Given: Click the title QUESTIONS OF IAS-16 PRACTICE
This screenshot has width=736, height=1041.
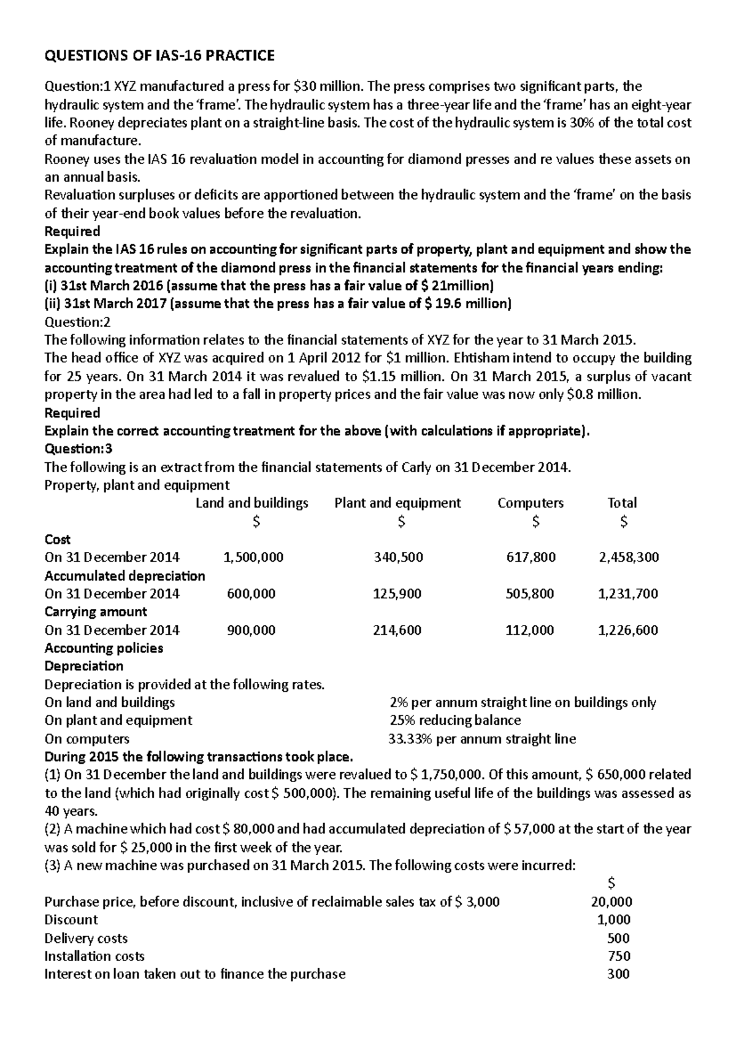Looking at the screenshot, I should point(159,56).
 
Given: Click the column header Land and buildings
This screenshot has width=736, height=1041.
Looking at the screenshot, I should point(251,503).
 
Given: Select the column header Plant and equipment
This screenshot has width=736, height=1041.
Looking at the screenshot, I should point(397,503).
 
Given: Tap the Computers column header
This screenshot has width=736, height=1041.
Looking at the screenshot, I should point(531,503).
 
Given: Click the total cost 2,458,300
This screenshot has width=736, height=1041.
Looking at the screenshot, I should point(628,557).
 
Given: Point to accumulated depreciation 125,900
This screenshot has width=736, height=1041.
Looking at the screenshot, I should point(397,594).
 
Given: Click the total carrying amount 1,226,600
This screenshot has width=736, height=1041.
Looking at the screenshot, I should point(628,630).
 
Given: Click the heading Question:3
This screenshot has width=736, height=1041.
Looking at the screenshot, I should point(79,449).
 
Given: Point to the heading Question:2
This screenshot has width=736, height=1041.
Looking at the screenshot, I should point(78,322).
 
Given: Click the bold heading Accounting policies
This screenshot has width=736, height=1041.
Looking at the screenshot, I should point(104,648).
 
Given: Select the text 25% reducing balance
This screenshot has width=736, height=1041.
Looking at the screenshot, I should point(455,721).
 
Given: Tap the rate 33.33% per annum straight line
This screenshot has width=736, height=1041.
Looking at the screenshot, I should point(482,739).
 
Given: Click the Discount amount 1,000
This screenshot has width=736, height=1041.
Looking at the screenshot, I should point(613,919).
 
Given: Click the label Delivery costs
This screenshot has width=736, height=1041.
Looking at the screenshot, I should point(86,938).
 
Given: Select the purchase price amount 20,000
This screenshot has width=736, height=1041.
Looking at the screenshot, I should point(611,902).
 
